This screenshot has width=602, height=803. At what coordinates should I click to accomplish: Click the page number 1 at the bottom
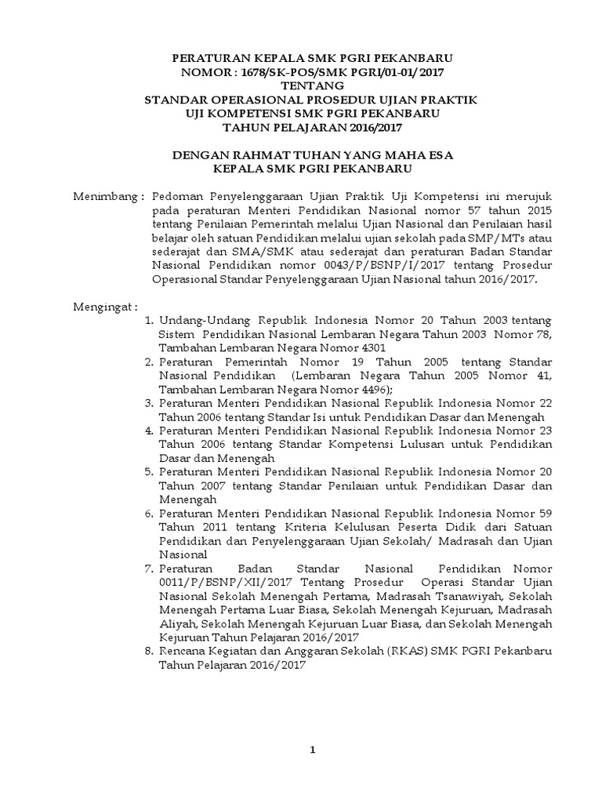tap(312, 750)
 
